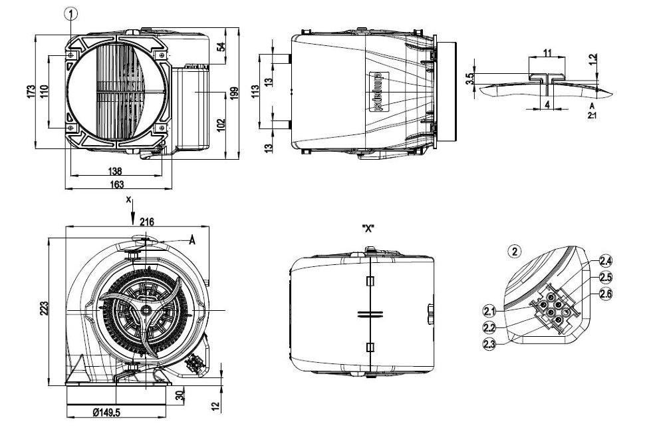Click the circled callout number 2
[513, 252]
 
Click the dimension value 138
[115, 171]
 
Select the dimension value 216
[148, 221]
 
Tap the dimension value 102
[221, 124]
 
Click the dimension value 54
[221, 47]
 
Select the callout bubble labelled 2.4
[606, 260]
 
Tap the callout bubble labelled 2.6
[606, 294]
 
